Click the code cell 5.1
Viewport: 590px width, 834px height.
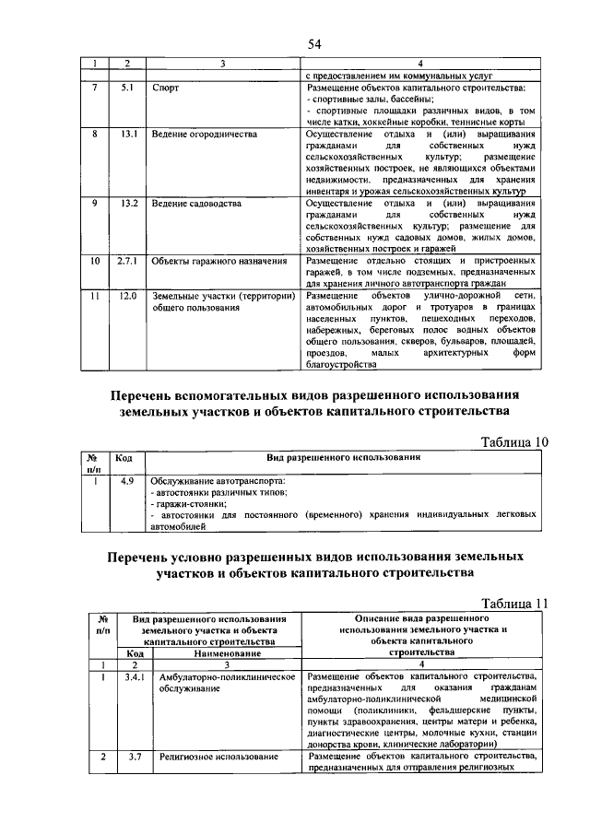[x=128, y=88]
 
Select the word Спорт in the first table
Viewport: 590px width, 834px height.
[x=166, y=88]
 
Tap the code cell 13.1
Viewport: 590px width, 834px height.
[x=128, y=135]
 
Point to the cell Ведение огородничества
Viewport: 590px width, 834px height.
[x=204, y=135]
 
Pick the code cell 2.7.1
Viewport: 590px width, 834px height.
[x=127, y=261]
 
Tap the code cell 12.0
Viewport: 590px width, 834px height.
[x=128, y=296]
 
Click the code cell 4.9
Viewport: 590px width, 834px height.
[x=128, y=480]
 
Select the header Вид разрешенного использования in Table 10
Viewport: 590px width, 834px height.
[x=344, y=457]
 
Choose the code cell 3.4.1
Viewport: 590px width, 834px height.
[x=135, y=677]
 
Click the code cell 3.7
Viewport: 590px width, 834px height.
[x=135, y=757]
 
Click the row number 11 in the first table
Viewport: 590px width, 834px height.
[x=94, y=296]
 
